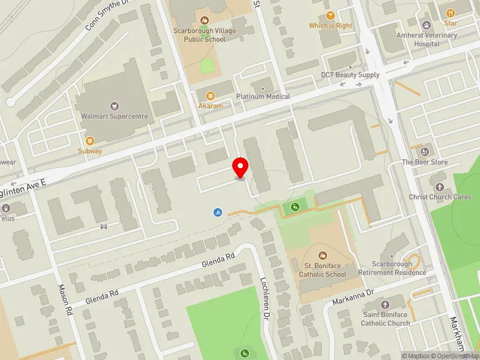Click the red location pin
tap(241, 167)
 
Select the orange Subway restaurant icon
tap(89, 140)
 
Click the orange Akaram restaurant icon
tap(210, 95)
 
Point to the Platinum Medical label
tap(263, 96)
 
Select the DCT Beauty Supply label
tap(350, 75)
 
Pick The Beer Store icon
tap(425, 151)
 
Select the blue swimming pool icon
tap(217, 212)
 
